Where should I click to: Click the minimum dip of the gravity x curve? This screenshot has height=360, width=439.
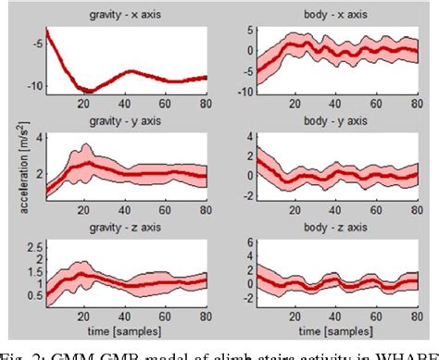point(86,90)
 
